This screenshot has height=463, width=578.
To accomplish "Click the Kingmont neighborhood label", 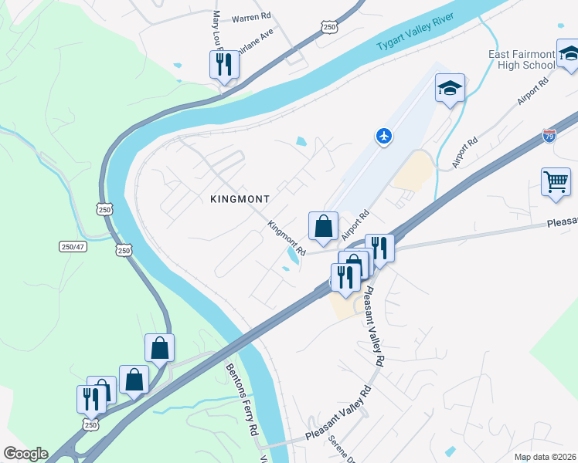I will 240,199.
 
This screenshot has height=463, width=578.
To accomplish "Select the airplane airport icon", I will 384,137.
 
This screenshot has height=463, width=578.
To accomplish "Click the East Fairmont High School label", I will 522,59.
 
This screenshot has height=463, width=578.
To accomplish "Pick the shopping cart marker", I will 556,183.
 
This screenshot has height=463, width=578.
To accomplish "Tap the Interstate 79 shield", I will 549,136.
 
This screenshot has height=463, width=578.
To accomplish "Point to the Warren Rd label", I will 251,16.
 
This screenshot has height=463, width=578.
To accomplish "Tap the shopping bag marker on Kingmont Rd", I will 323,227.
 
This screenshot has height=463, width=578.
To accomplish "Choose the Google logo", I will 25,454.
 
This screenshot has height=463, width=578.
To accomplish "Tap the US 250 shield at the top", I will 329,27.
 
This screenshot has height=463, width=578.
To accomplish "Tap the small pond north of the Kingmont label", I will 301,142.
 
